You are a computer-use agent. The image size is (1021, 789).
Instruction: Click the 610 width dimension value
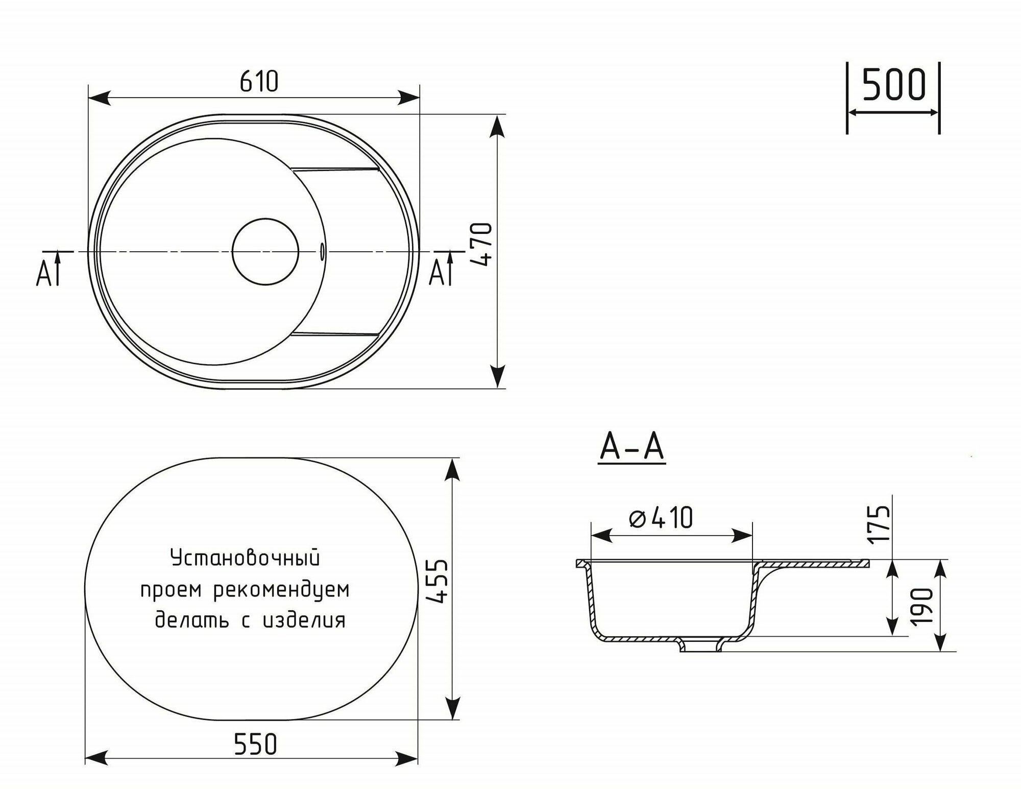coord(259,81)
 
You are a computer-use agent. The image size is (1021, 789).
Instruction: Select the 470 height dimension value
coord(482,244)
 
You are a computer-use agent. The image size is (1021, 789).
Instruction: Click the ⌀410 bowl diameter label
coord(661,517)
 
